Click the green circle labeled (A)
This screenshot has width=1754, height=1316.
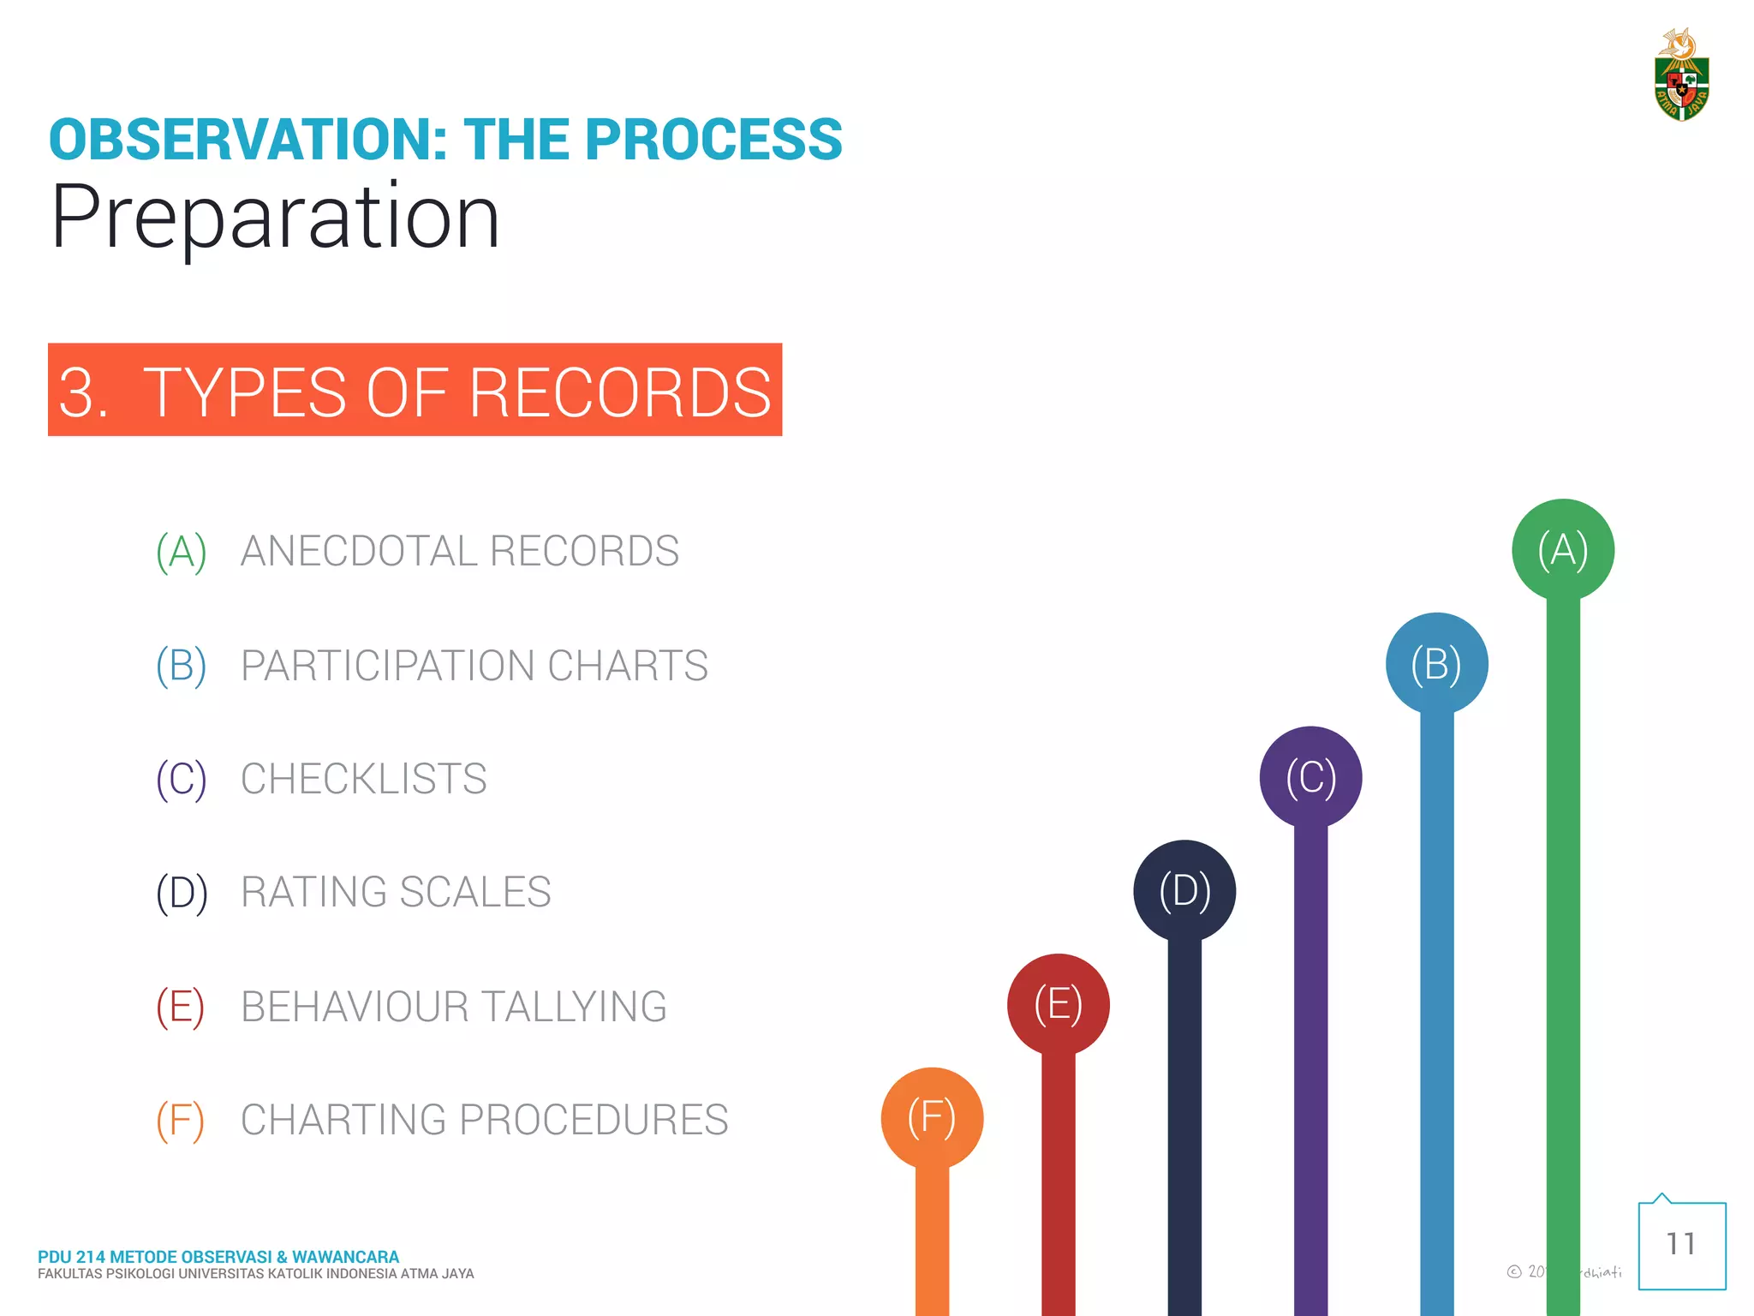pos(1563,549)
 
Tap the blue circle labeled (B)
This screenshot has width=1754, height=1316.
pos(1436,664)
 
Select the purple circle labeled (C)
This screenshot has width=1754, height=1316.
pos(1310,777)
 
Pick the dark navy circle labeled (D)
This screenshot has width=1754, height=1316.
pos(1184,891)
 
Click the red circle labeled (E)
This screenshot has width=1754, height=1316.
pos(1059,1004)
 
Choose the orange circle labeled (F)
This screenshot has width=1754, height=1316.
pos(932,1118)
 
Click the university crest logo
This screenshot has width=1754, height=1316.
pos(1681,76)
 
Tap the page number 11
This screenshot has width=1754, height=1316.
pos(1681,1244)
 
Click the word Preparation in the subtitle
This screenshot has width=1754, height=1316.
pos(275,218)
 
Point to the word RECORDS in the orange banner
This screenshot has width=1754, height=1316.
pos(619,392)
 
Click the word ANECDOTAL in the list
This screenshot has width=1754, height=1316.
pos(358,551)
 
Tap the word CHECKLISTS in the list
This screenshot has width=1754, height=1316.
pos(363,779)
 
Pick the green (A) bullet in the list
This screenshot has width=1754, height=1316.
pos(181,552)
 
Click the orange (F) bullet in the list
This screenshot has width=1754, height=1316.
pos(180,1121)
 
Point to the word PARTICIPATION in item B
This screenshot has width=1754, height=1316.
pos(387,666)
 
